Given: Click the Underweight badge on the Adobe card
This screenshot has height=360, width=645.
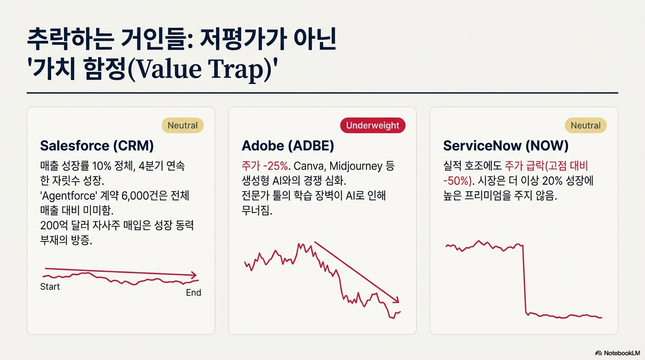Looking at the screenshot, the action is coord(373,125).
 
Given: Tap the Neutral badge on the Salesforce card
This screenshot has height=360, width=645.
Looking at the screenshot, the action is coord(182,125).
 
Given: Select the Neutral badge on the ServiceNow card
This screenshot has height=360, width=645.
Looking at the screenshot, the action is coord(585,125).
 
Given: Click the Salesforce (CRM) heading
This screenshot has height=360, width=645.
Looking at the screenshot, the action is coord(97,145).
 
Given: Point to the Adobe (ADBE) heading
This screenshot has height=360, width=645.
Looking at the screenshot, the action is coord(288,145).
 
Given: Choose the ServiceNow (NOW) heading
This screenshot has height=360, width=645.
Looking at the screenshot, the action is coord(506,145).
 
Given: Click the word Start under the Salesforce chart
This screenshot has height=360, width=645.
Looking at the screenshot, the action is coord(50,286).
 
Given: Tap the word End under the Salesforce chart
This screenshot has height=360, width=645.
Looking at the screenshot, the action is coord(194,292).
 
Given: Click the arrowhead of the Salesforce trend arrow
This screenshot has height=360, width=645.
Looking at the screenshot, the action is coord(194,275).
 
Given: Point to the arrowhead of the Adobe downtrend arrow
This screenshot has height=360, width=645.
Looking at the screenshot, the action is coord(396,300).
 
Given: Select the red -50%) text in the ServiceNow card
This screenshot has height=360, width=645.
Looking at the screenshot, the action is coord(457,181).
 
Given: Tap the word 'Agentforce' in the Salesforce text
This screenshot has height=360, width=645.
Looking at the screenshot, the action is coord(68,196).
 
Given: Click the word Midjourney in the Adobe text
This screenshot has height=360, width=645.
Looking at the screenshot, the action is coord(356,166).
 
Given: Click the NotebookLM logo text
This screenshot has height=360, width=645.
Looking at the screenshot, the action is coord(622,353).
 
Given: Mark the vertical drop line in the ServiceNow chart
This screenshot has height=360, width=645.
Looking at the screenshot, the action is coord(525,279).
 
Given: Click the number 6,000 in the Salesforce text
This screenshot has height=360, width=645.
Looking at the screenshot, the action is coord(135,196).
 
